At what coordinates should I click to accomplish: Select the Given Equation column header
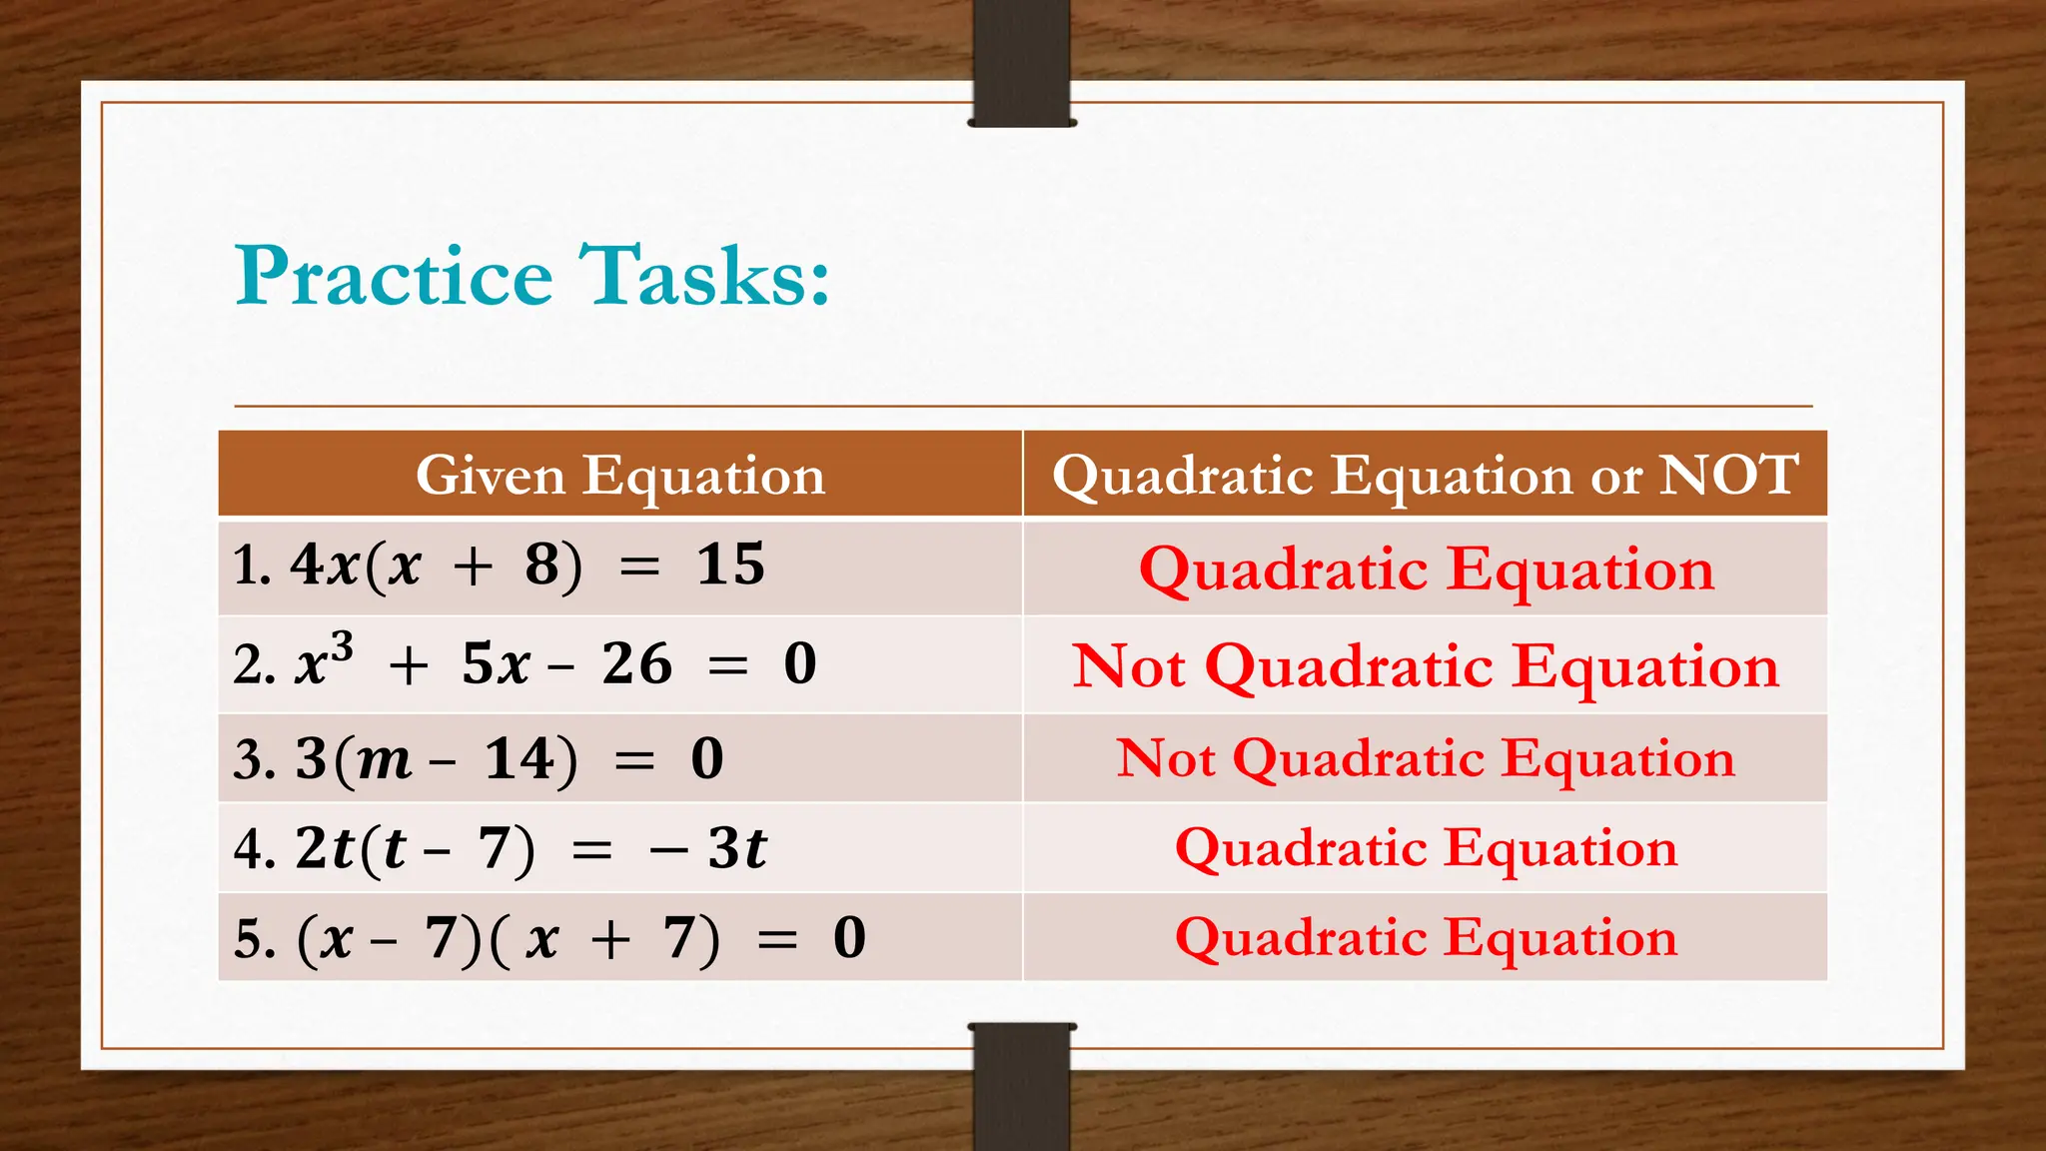tap(620, 475)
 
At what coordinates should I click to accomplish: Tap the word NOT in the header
tap(1728, 475)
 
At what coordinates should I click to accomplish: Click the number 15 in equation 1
tap(730, 565)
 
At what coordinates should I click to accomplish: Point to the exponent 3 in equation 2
tap(342, 648)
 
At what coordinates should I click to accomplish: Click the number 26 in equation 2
tap(636, 663)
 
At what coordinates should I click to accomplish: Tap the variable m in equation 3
tap(385, 760)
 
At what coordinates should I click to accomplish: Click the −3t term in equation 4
tap(708, 849)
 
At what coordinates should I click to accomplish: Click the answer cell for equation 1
tap(1426, 570)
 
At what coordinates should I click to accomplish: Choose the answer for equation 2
tap(1426, 665)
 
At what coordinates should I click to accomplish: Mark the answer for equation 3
tap(1426, 758)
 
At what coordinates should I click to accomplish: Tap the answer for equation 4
tap(1426, 848)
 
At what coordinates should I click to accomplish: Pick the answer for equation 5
tap(1426, 937)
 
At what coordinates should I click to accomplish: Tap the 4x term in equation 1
tap(325, 565)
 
